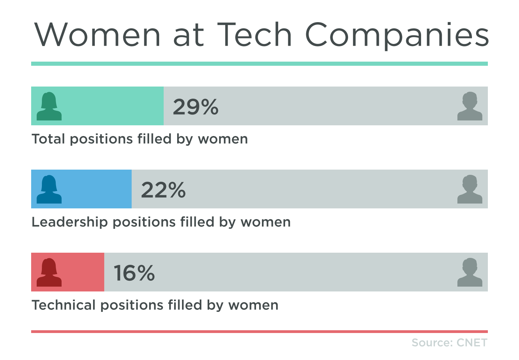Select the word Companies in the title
coord(397,35)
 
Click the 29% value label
coord(195,107)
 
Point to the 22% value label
coord(163,190)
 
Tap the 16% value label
coord(134,273)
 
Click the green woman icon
coord(49,106)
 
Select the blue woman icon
coord(49,189)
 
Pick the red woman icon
coord(49,272)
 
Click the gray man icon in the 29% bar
coord(470,106)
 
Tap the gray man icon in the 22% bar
coord(470,189)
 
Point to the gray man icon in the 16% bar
coord(470,272)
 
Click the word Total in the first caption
coord(48,139)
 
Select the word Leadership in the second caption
coord(70,222)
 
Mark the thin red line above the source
coord(259,332)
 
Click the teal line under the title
coord(259,64)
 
